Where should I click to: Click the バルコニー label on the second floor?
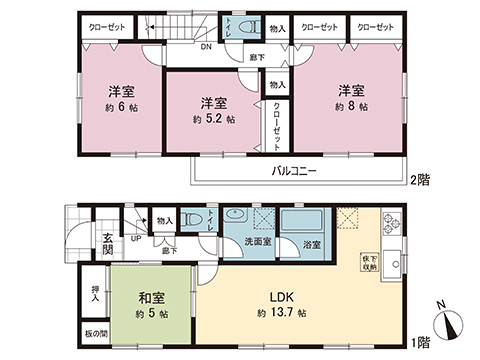click(294, 172)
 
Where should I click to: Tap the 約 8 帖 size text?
click(351, 106)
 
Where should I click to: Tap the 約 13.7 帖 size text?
click(281, 314)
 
